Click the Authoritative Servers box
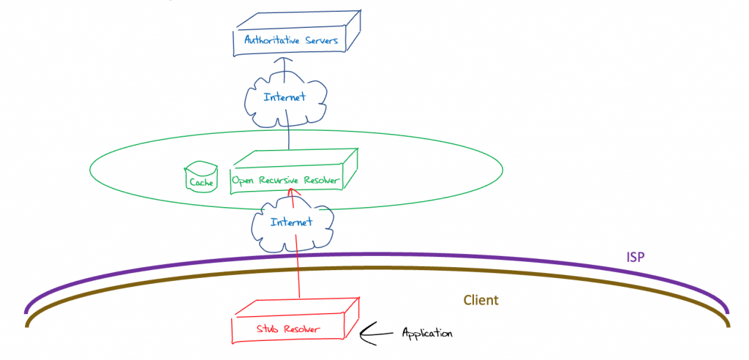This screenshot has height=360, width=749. pos(293,40)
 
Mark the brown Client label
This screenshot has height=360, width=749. pos(481,300)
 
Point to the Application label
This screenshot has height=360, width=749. pos(427,334)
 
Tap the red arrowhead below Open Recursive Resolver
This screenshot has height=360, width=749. pos(291,192)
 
